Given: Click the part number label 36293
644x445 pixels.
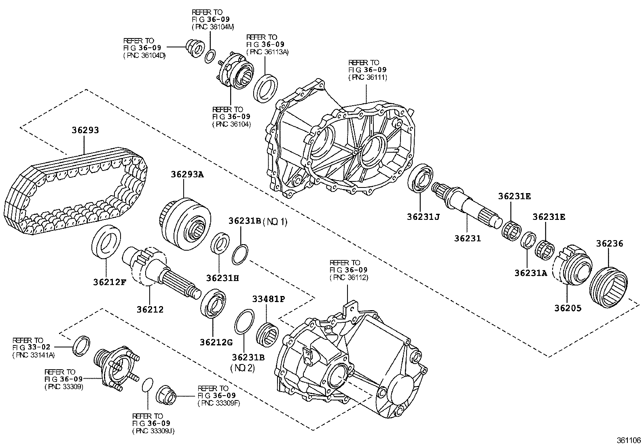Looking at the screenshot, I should pos(85,130).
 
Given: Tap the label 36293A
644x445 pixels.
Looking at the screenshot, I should pos(187,175).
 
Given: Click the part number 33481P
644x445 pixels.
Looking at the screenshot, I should pos(269,299).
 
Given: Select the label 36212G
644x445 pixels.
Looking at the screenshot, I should pos(216,343).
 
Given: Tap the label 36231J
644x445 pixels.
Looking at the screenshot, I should pos(423,217).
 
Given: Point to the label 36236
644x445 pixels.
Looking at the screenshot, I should pos(609,244).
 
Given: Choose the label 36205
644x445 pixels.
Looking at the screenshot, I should pos(568,308).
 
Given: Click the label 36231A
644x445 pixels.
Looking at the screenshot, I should pos(531,273).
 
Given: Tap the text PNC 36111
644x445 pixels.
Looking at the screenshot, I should pos(368,77).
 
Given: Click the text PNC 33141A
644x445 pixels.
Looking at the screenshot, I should pos(34,355).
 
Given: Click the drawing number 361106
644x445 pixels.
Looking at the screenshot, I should pos(629,440).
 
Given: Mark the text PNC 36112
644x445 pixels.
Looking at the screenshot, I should pos(349,277).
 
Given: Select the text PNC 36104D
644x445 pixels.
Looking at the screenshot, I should pos(144,55).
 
